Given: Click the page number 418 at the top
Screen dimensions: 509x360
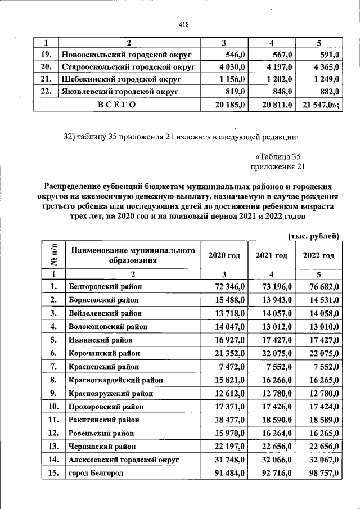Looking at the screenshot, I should pyautogui.click(x=183, y=25).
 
